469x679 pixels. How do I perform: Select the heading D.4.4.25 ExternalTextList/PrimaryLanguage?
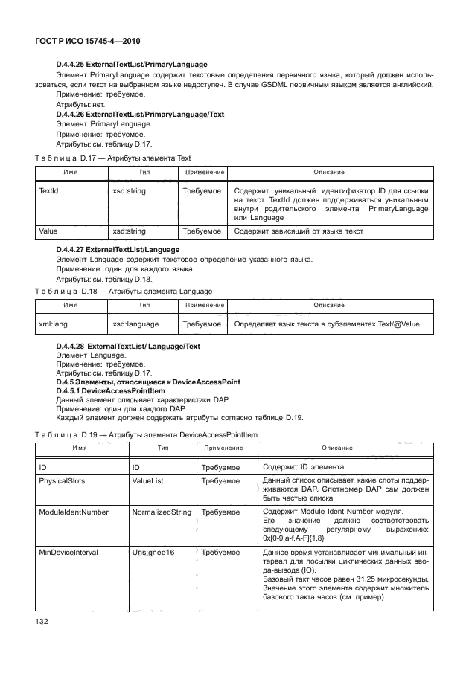(x=132, y=65)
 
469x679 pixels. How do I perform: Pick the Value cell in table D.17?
(x=49, y=231)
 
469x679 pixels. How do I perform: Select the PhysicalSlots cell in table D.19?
(x=62, y=481)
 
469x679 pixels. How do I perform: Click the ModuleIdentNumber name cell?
(x=74, y=512)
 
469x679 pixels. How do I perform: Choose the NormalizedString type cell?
(x=161, y=512)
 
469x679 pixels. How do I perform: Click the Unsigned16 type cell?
(x=153, y=553)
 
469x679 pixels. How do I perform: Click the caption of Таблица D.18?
(x=124, y=291)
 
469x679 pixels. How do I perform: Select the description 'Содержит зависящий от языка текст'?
(x=299, y=231)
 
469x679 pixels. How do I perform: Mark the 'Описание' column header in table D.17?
(x=328, y=172)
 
